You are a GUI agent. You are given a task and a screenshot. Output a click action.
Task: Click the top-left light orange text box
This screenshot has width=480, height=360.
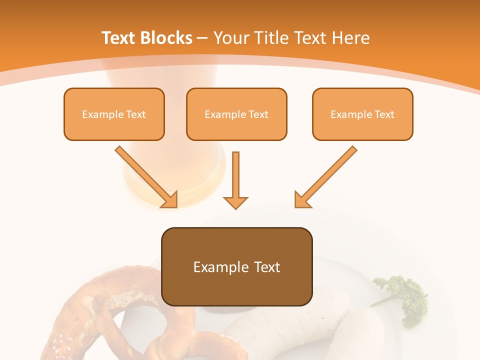[114, 114]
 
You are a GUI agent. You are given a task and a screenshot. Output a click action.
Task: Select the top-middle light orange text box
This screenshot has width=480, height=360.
[236, 114]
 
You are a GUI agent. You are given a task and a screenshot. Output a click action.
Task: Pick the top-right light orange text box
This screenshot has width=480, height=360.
[362, 114]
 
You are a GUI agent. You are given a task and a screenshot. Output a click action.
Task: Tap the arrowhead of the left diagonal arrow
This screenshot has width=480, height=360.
[170, 200]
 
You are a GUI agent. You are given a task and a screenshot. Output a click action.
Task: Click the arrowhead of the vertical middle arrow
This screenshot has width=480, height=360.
[235, 202]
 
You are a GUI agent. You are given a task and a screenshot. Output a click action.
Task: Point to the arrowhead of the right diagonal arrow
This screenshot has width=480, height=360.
[302, 200]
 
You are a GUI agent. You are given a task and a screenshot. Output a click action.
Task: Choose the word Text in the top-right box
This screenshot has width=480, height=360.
[384, 114]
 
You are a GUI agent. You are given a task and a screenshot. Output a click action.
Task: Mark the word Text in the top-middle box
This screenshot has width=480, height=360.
[258, 114]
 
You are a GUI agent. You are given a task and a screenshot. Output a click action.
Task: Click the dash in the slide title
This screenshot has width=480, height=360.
[202, 38]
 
